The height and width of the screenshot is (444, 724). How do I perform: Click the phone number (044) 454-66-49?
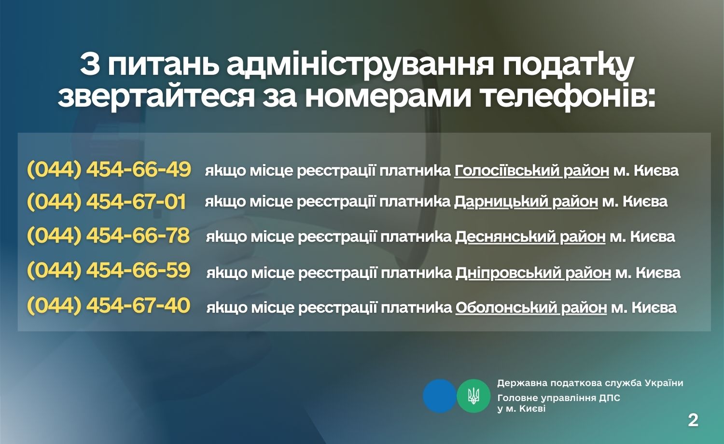point(109,170)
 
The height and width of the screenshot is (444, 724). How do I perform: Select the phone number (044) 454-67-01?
point(107,202)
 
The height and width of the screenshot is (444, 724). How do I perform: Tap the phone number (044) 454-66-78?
point(109,236)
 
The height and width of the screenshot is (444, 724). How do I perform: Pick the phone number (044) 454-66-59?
point(109,270)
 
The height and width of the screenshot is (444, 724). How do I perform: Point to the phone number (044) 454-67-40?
point(109,305)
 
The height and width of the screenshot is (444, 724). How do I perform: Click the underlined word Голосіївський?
point(507,171)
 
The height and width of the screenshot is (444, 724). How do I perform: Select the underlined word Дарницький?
point(501,202)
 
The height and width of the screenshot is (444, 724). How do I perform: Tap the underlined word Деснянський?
point(505,237)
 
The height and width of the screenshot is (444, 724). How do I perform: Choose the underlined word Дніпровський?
point(508,273)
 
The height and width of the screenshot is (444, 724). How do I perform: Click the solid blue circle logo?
point(440,396)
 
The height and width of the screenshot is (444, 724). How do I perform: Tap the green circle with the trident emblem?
point(473,396)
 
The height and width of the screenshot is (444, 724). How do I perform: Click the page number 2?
point(693,420)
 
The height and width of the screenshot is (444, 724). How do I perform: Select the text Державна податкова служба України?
point(590,383)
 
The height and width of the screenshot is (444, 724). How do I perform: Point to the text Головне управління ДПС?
point(559,398)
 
